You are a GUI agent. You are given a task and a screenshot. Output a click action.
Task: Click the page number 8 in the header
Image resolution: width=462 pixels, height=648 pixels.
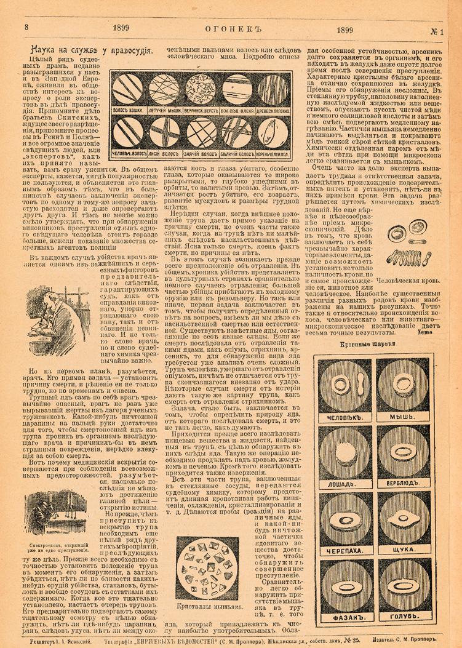pyautogui.click(x=27, y=27)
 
